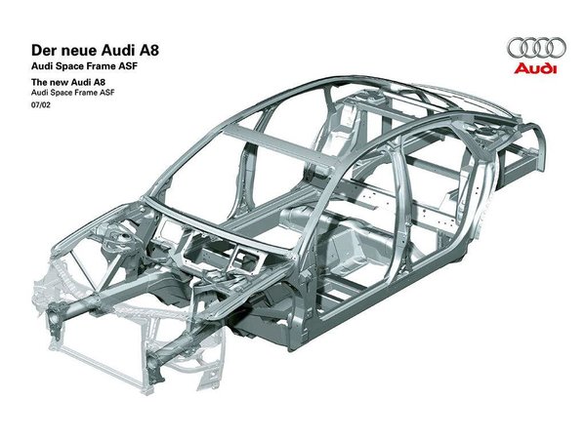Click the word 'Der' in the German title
tap(41, 51)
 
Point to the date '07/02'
tap(41, 105)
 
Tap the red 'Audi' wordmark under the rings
tap(535, 68)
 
